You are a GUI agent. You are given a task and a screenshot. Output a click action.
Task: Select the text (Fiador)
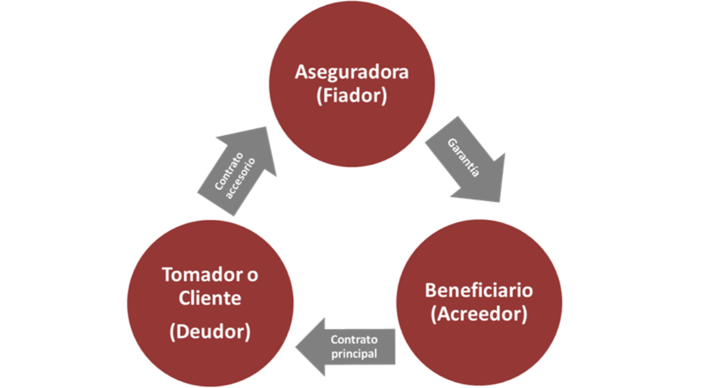click(352, 96)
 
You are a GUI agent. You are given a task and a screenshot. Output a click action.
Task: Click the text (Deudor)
click(210, 331)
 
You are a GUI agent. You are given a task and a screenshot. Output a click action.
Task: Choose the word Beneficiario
click(479, 290)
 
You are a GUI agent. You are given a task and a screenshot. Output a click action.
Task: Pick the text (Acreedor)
click(479, 314)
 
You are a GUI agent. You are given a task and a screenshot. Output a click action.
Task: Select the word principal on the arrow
click(356, 353)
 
